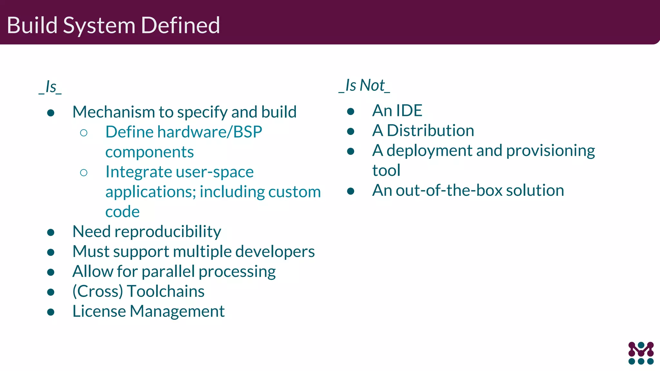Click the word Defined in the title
click(x=180, y=25)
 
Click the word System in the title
click(x=99, y=26)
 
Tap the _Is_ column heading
click(x=50, y=87)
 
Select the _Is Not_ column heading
click(x=364, y=85)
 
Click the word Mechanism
click(x=114, y=112)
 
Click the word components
click(x=150, y=152)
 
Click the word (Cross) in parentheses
click(x=98, y=291)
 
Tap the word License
click(x=99, y=311)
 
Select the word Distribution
click(x=430, y=130)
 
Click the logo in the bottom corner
click(x=641, y=353)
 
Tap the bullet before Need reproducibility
click(x=51, y=232)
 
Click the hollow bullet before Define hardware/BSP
click(x=84, y=133)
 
